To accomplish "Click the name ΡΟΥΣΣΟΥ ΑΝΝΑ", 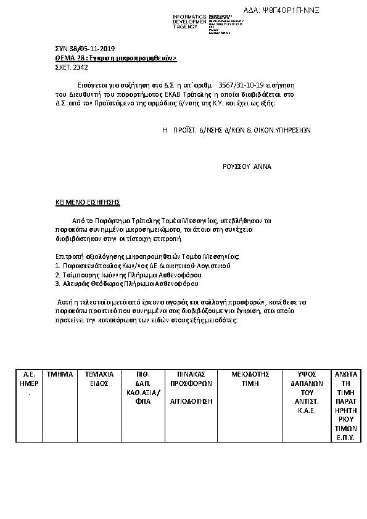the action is pos(247,166).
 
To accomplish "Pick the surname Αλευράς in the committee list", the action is pos(73,284).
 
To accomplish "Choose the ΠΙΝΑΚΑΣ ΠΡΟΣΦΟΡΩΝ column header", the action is pos(191,378).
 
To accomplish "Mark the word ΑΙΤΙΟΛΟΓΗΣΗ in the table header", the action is pos(191,400).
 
